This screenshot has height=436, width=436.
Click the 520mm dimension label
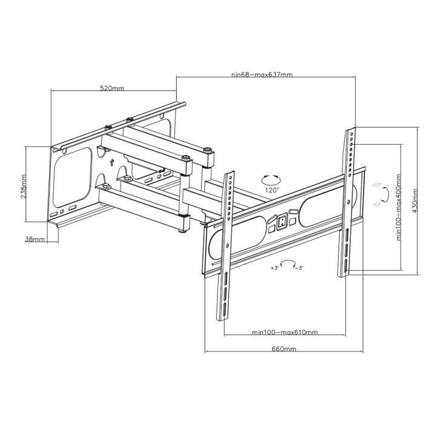coord(112,88)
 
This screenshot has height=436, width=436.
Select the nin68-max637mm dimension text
coord(262,75)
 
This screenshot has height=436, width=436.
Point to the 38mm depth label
coord(35,240)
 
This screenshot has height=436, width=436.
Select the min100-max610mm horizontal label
coord(285,332)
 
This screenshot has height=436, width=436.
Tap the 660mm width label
coord(283,349)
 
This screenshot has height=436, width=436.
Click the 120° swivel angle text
coord(271,190)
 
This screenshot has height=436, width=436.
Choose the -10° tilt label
coord(377,205)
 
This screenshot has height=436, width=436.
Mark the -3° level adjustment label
coord(299,267)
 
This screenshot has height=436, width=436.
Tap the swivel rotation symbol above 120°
coord(270,179)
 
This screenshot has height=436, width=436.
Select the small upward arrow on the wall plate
coord(111,162)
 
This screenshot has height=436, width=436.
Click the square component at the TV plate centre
coord(282,222)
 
